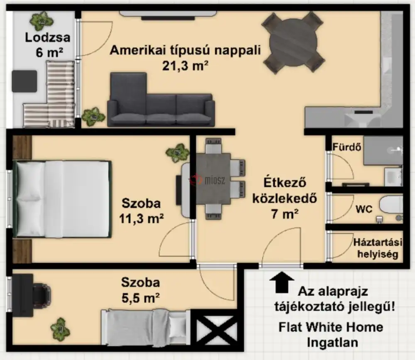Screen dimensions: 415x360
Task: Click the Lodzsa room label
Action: (48, 38)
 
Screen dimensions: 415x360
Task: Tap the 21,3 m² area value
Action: (185, 66)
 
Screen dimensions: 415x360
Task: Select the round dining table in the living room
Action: (293, 43)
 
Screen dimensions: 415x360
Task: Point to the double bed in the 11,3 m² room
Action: (62, 199)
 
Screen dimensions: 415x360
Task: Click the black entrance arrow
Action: (282, 282)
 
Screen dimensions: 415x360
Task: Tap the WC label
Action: (364, 209)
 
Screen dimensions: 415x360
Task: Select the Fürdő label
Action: (347, 147)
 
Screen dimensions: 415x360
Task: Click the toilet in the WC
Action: (391, 205)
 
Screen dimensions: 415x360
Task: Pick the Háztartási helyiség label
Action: (378, 248)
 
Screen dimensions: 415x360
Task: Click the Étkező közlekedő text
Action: (285, 191)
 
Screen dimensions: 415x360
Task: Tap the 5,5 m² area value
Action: (140, 298)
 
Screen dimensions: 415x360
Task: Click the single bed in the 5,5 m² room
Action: (146, 327)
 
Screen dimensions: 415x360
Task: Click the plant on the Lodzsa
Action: (41, 21)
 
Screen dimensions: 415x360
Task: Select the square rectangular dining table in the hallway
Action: (213, 179)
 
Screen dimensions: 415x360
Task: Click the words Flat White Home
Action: (331, 327)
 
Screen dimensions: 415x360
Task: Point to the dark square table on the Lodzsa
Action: (24, 81)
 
